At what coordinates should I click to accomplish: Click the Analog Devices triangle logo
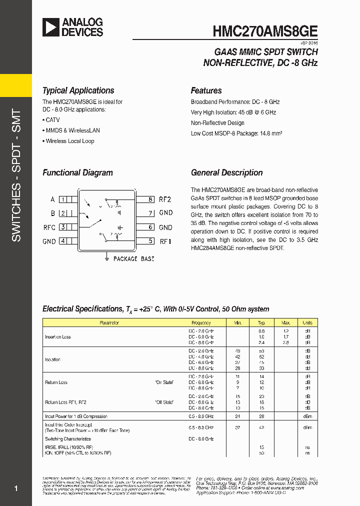coord(50,27)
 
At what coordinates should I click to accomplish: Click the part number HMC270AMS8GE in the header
coord(265,30)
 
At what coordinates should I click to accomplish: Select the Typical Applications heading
coord(78,90)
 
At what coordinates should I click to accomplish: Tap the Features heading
coord(206,90)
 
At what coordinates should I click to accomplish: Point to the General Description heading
coord(226,172)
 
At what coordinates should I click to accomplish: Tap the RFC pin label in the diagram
coord(49,227)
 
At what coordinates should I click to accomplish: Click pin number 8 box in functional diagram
coord(150,199)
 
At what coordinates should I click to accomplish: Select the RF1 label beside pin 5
coord(165,241)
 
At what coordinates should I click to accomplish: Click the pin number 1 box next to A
coord(63,199)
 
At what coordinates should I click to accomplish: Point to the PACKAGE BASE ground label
coord(133,259)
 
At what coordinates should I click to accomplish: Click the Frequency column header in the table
coord(201,323)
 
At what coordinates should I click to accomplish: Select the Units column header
coord(307,323)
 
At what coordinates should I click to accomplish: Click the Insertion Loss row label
coord(58,337)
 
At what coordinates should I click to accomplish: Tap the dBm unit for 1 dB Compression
coord(307,416)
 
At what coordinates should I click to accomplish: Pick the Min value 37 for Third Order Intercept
coord(237,427)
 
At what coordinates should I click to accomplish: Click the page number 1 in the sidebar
coord(16,488)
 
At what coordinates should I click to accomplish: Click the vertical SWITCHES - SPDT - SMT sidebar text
coord(16,175)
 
